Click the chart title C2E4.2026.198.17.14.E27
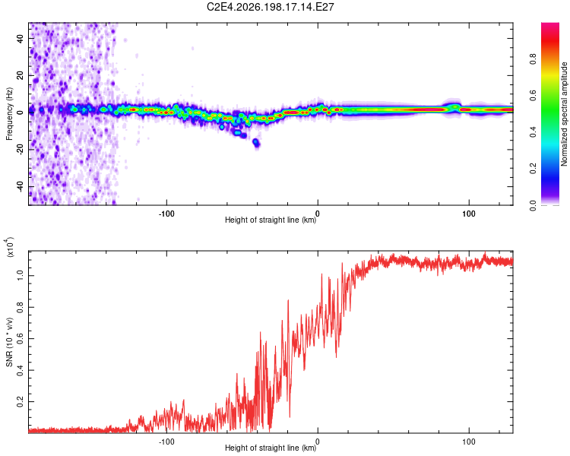[x=270, y=7]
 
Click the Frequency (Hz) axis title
[x=9, y=114]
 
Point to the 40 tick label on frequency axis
[x=21, y=39]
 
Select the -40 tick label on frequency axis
[x=21, y=186]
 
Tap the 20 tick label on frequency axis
[x=21, y=76]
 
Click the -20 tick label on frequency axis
[x=21, y=150]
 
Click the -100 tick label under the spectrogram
[x=166, y=214]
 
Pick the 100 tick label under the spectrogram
[x=469, y=214]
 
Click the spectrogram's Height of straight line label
[x=271, y=220]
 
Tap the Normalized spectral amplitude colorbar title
[x=564, y=114]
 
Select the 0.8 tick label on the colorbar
[x=534, y=59]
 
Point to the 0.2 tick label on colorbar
[x=534, y=169]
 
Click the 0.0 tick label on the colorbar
[x=534, y=205]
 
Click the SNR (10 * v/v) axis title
[x=9, y=342]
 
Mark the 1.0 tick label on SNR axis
[x=21, y=276]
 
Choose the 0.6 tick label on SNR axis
[x=21, y=338]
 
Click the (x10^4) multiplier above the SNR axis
[x=10, y=247]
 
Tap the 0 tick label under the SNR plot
[x=318, y=442]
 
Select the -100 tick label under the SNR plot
[x=166, y=442]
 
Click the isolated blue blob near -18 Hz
[x=256, y=143]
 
